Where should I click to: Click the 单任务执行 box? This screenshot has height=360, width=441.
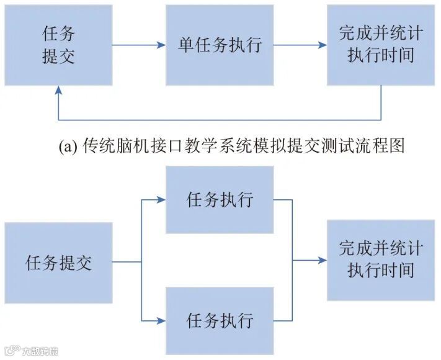point(219,45)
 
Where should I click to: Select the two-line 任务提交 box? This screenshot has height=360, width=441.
point(59,45)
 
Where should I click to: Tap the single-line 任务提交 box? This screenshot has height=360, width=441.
point(59,263)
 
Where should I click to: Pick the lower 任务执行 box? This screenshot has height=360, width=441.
point(220,320)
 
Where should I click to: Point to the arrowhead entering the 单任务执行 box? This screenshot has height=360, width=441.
point(161,45)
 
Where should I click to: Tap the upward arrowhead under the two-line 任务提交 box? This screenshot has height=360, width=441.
point(59,91)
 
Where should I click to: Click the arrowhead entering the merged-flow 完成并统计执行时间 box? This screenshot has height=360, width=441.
point(322,261)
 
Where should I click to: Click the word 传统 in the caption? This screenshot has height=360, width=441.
point(98,146)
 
